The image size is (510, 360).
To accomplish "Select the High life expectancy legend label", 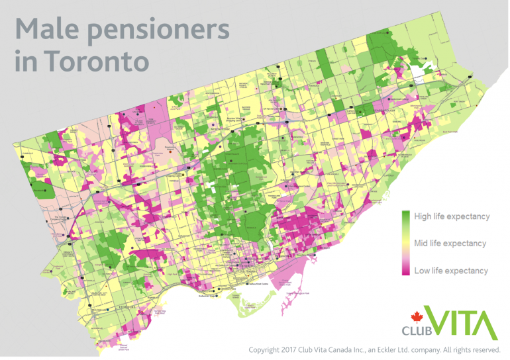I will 451,216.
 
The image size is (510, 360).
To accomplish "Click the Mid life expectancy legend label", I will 450,244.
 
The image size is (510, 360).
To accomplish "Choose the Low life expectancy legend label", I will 450,271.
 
